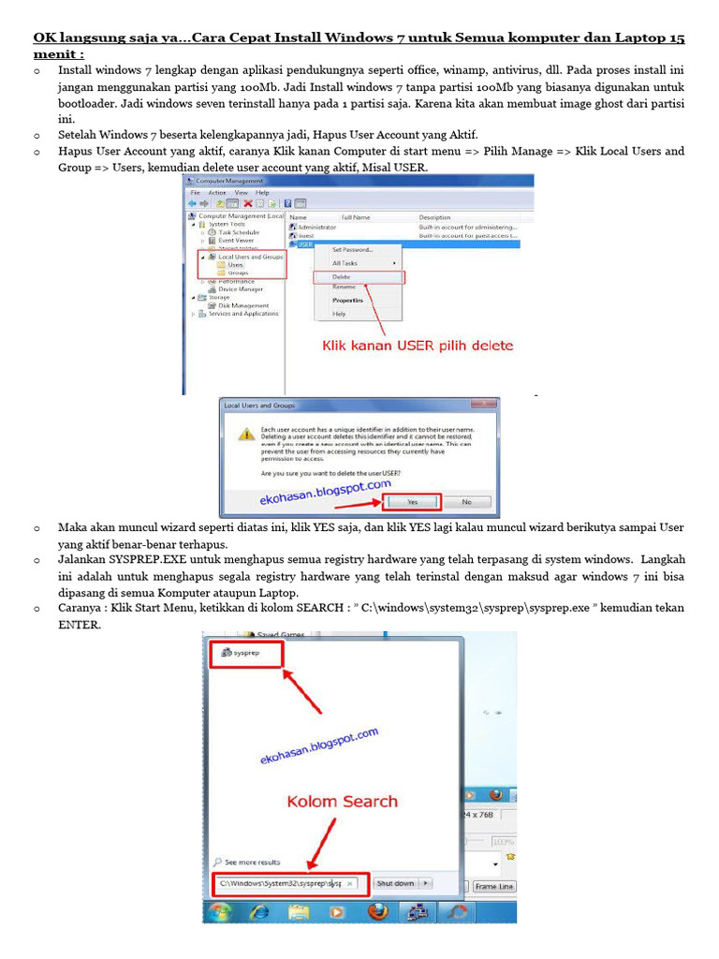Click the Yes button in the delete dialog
(412, 502)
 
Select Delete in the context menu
(341, 276)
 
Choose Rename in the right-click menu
(344, 287)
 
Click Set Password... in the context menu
(353, 250)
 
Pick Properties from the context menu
(347, 301)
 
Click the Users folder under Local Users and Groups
(235, 265)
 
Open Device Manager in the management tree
(241, 289)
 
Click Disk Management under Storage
(242, 305)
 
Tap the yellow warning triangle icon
(245, 434)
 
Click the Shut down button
(395, 882)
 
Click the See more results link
(251, 862)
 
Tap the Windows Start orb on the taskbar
(221, 910)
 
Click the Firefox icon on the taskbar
(376, 910)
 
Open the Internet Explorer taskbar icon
(259, 910)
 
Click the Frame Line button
(493, 886)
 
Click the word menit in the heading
(56, 54)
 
